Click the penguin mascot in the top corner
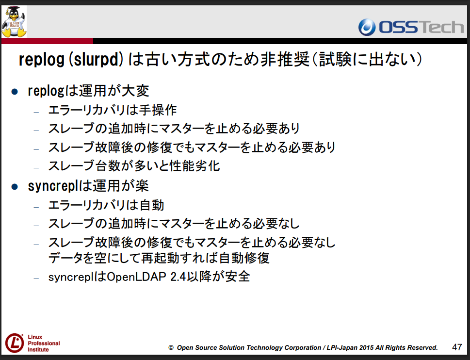(x=14, y=21)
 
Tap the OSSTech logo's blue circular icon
(x=367, y=27)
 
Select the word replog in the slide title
(x=41, y=60)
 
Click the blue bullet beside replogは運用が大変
(x=15, y=91)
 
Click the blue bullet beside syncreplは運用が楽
(x=15, y=187)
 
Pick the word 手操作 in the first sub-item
(x=158, y=110)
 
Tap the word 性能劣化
(x=195, y=166)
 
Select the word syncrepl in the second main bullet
(x=53, y=186)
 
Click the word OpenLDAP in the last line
(x=136, y=277)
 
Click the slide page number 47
(x=457, y=347)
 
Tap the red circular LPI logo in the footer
(x=15, y=343)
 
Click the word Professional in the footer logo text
(x=44, y=343)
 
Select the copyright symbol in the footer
(x=171, y=348)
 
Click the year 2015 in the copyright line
(x=366, y=348)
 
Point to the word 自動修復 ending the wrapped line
(x=244, y=258)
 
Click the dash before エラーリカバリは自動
(x=36, y=207)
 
